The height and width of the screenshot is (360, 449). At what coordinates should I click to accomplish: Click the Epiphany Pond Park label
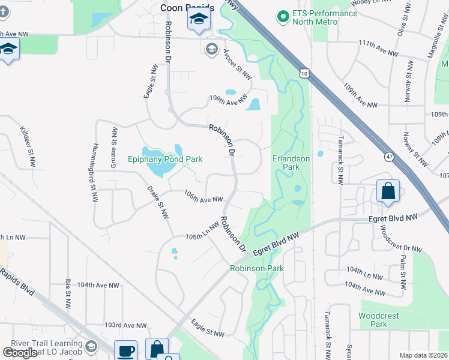165,159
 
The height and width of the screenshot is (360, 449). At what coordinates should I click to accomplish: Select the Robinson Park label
257,268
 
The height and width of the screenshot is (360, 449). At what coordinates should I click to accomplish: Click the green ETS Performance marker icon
282,16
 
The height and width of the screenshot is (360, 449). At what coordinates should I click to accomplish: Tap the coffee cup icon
126,350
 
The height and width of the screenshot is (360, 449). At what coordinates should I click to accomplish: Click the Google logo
20,352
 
